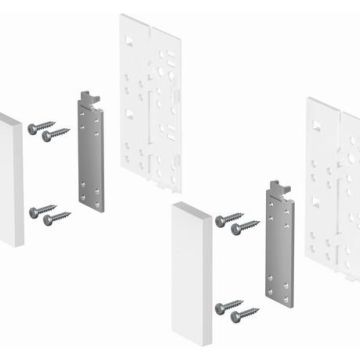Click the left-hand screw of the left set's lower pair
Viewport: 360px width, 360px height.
point(41,208)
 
